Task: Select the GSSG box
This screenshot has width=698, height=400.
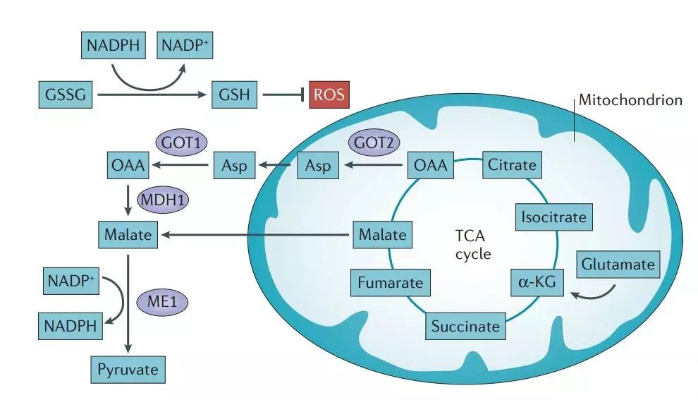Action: (x=66, y=94)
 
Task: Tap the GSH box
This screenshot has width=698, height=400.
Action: (x=235, y=94)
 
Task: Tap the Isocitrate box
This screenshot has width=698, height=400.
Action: (x=553, y=217)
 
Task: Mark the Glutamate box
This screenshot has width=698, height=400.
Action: (x=618, y=265)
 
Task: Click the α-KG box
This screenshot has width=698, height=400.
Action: (x=537, y=283)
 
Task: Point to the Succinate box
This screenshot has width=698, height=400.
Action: (x=465, y=326)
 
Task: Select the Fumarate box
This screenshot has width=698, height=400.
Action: (x=390, y=283)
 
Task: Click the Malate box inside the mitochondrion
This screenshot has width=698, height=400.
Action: (x=382, y=234)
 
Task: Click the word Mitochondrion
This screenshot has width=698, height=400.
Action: (x=630, y=99)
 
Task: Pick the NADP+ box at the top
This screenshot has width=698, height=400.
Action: (x=185, y=47)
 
